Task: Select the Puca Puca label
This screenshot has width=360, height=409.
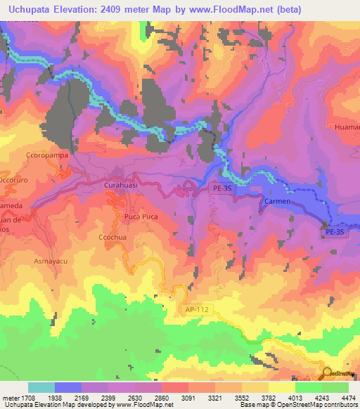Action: pos(141,216)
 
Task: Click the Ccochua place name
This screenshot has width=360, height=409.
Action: pos(112,238)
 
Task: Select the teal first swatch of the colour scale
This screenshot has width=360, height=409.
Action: pos(41,387)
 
